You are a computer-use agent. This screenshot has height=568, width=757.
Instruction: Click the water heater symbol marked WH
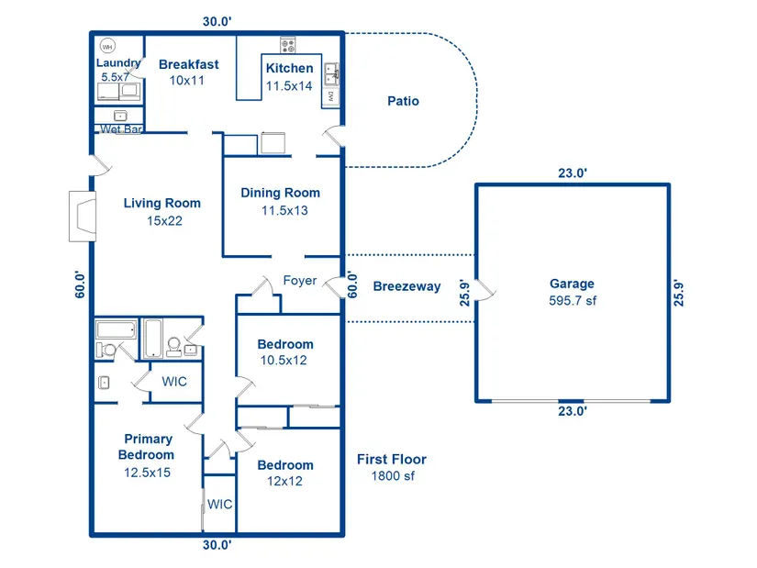107,47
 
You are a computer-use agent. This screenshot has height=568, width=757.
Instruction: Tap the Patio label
403,101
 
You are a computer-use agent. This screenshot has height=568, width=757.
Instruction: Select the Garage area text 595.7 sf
572,300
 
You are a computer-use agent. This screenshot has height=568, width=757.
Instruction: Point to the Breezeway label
406,286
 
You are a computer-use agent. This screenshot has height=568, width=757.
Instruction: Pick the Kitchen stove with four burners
288,44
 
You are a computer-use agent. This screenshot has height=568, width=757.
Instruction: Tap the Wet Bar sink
120,116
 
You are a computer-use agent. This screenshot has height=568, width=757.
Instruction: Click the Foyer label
299,281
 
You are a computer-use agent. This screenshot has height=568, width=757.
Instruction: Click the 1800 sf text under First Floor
392,476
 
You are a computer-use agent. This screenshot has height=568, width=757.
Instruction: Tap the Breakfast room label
188,64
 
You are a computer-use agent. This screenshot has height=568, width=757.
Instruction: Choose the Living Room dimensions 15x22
162,220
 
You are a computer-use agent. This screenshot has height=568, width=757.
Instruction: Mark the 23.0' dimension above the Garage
572,173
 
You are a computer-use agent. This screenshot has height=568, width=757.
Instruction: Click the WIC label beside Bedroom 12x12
219,504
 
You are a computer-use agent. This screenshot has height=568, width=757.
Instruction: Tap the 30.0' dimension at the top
217,22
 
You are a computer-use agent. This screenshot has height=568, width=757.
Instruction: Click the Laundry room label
118,63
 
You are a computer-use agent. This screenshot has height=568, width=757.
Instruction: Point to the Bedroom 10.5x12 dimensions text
285,361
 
